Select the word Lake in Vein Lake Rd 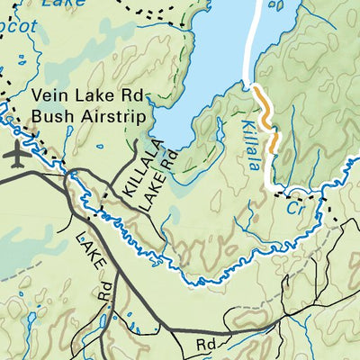[87, 95]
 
